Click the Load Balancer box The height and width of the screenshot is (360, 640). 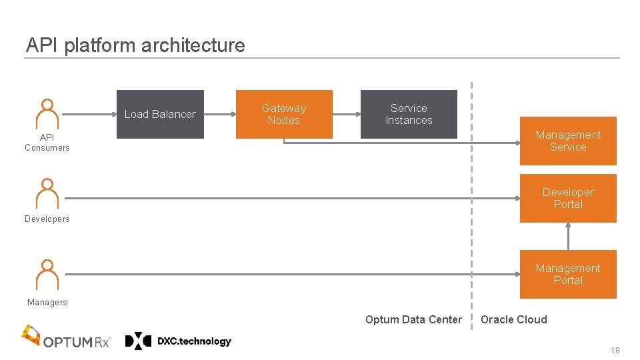(x=160, y=114)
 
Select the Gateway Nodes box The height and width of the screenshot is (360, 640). (x=284, y=114)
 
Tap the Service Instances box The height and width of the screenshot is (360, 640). (x=409, y=114)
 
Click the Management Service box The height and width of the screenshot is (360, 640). (x=568, y=141)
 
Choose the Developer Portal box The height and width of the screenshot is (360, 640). (x=568, y=198)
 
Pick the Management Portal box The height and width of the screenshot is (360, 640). (x=568, y=274)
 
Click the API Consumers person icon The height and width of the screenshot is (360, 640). (x=47, y=114)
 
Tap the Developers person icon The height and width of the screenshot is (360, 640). (x=47, y=193)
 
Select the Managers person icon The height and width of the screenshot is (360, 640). (x=47, y=274)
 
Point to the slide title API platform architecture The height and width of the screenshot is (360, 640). (x=135, y=45)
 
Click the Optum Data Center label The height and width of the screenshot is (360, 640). (x=413, y=319)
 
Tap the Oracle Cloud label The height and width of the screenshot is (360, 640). (x=513, y=319)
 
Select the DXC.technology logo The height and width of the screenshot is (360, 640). (x=179, y=341)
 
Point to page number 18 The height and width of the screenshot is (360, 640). (x=615, y=351)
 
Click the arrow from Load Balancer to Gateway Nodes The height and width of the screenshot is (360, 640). (x=220, y=114)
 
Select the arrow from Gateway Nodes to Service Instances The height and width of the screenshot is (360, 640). (x=347, y=114)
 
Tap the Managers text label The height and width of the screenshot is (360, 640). (x=47, y=303)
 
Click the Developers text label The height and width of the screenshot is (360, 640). (x=47, y=219)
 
